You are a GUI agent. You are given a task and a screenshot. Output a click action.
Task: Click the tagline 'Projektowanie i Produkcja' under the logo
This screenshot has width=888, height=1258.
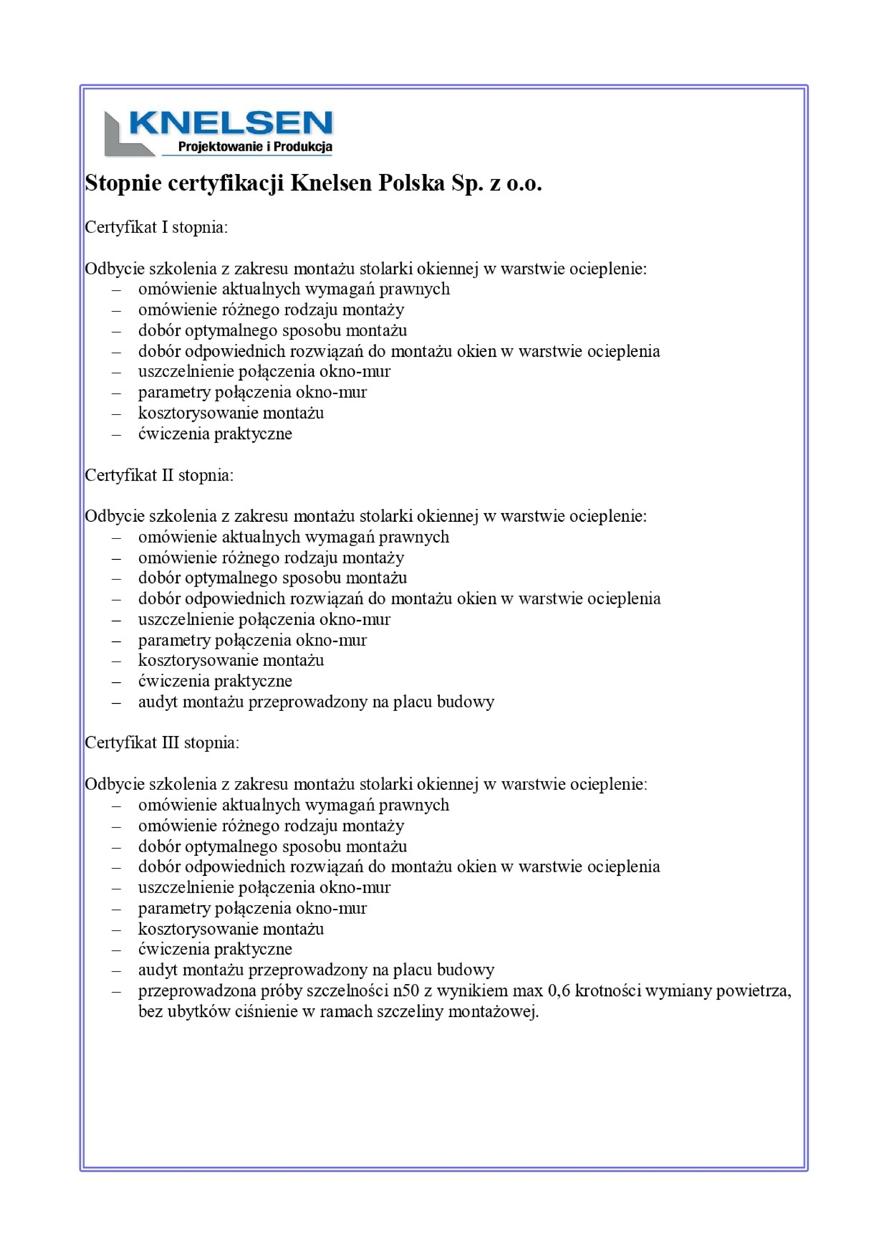pos(255,147)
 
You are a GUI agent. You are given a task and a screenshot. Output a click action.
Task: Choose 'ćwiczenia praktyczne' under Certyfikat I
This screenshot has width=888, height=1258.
pos(215,434)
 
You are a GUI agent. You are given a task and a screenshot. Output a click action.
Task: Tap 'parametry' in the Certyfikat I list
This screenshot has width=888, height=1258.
pos(174,392)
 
